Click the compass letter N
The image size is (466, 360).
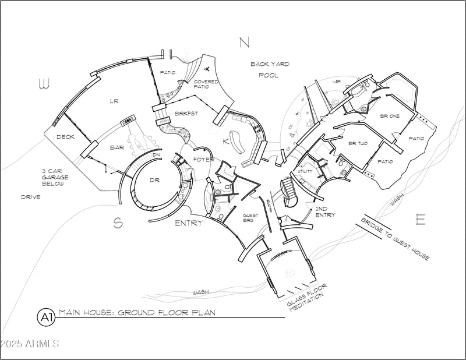[244, 42]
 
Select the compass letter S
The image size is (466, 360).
[118, 223]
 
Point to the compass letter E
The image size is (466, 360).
[421, 220]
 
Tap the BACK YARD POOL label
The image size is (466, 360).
[270, 69]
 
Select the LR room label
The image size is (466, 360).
[114, 101]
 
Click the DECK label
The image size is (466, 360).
[65, 137]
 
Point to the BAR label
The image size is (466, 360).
[117, 148]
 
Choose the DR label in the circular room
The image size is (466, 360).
[154, 181]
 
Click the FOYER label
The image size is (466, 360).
[204, 160]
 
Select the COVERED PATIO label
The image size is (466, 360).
[206, 85]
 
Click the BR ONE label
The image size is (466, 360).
[390, 117]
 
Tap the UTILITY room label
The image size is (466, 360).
[305, 171]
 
